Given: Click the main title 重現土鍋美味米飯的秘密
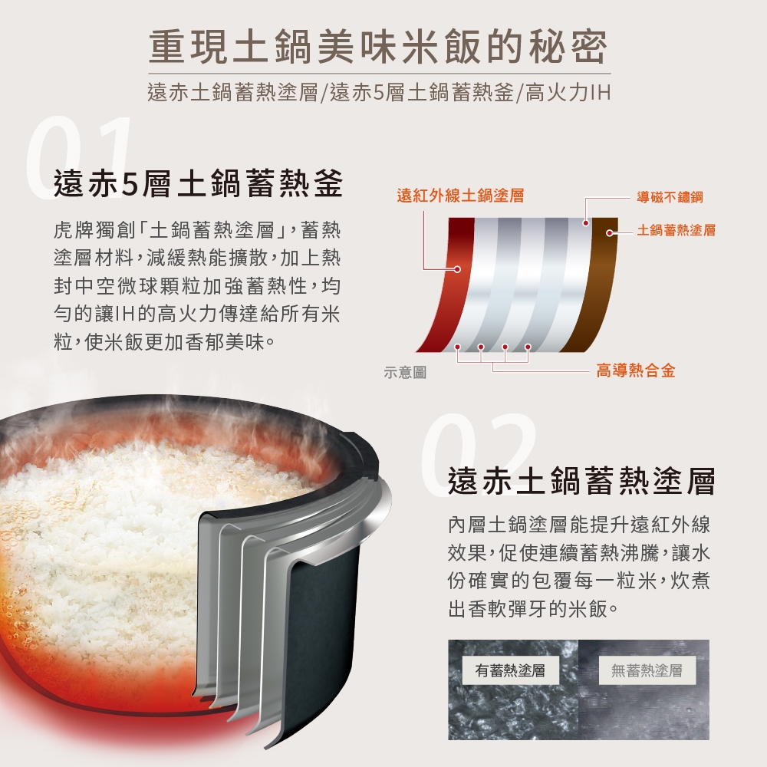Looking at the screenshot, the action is (379, 48).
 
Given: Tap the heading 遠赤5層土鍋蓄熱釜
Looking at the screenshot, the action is (198, 184).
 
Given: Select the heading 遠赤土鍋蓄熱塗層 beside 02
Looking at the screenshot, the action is (581, 481).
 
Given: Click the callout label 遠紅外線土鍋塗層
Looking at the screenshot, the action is (460, 196).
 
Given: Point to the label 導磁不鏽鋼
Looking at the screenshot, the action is (670, 197).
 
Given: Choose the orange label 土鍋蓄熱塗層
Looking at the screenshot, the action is (676, 229).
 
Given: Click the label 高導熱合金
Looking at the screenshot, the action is (635, 370).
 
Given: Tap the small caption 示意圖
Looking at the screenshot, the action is (405, 372).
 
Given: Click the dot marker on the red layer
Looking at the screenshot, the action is (457, 269).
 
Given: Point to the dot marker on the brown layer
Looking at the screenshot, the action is (610, 233).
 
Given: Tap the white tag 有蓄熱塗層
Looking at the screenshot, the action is (510, 670).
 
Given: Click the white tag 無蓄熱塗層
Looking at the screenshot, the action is (647, 670).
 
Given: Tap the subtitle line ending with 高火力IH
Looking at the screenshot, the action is (379, 93).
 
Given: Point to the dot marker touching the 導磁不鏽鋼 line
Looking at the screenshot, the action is (585, 223).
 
